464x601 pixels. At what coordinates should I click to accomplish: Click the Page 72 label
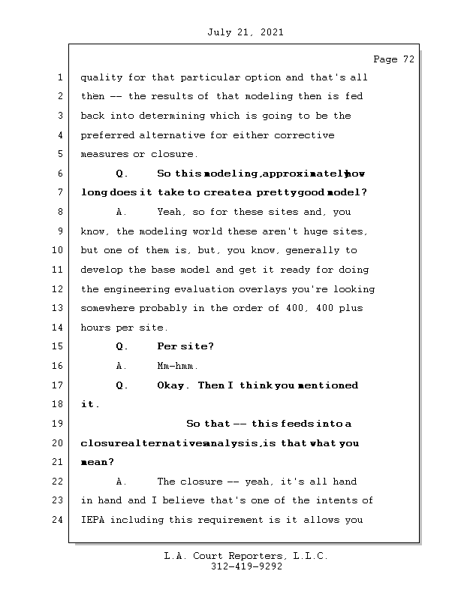(393, 59)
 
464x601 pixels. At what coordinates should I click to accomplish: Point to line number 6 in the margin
(59, 174)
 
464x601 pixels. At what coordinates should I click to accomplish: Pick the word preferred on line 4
(107, 135)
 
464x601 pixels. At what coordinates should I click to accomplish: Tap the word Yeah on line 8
(172, 212)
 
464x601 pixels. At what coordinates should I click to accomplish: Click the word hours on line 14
(95, 328)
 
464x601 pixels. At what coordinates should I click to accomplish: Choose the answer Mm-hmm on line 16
(177, 367)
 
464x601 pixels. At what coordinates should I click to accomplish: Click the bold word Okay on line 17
(173, 385)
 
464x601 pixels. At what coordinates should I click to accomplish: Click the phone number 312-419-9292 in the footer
(246, 567)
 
